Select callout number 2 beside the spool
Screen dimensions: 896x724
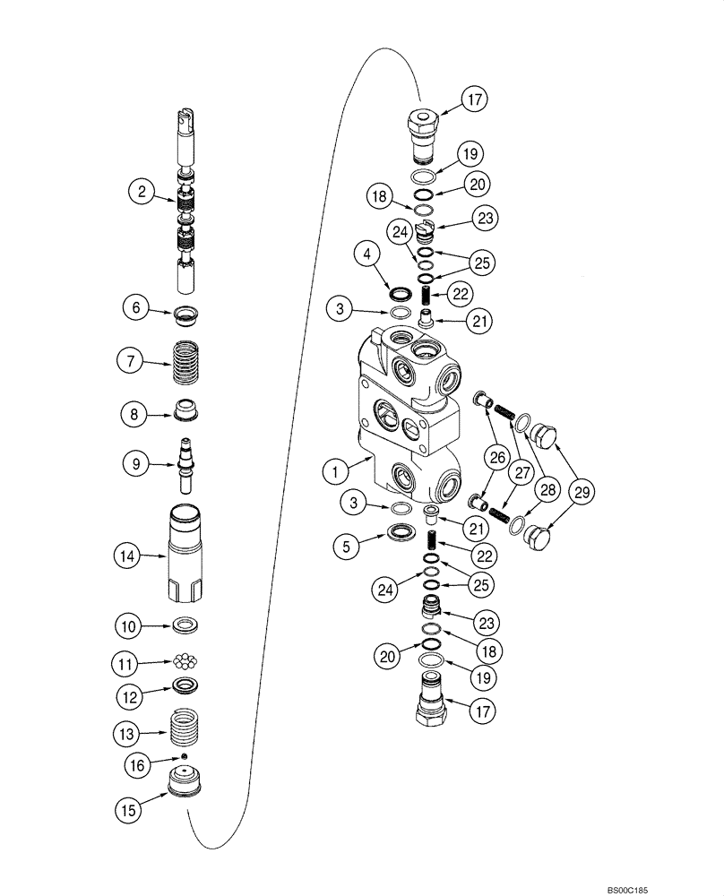pos(139,190)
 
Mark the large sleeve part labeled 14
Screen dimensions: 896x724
pos(189,553)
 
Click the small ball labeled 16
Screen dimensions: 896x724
pos(185,757)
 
